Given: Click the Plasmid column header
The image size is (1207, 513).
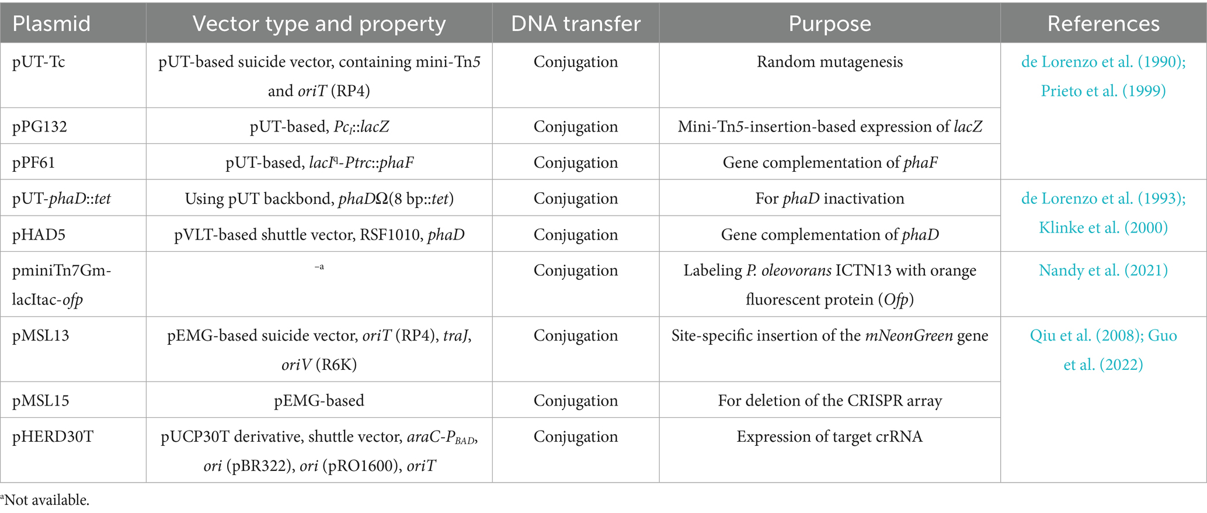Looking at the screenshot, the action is pyautogui.click(x=51, y=23).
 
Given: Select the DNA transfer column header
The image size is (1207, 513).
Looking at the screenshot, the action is pyautogui.click(x=575, y=23).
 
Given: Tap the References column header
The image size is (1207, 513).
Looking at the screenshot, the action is pyautogui.click(x=1103, y=23).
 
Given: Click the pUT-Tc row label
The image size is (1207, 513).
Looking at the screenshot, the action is pyautogui.click(x=39, y=62).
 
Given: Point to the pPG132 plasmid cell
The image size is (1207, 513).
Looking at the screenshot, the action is pyautogui.click(x=40, y=127).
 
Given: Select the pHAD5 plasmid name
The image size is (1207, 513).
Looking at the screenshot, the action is pyautogui.click(x=39, y=235).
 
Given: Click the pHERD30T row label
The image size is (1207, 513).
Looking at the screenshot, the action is pyautogui.click(x=53, y=437).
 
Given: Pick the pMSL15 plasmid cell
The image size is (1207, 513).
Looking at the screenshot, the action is pyautogui.click(x=41, y=401).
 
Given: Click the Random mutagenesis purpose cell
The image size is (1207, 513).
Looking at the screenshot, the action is pyautogui.click(x=829, y=62).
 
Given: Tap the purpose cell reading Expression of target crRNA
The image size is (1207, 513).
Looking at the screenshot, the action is pyautogui.click(x=829, y=437).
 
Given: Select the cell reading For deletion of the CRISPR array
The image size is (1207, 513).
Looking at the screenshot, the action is pyautogui.click(x=829, y=401).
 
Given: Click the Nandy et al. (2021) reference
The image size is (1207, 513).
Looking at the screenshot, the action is pyautogui.click(x=1103, y=271).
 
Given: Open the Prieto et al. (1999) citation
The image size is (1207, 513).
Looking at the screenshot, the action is pyautogui.click(x=1103, y=91).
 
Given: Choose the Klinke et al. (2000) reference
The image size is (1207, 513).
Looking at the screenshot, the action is pyautogui.click(x=1103, y=228).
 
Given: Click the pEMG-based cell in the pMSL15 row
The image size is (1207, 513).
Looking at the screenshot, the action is pyautogui.click(x=319, y=401).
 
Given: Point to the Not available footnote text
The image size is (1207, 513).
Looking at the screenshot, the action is pyautogui.click(x=47, y=500).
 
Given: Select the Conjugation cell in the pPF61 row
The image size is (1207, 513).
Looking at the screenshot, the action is pyautogui.click(x=575, y=162).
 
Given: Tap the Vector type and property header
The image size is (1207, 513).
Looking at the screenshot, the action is pyautogui.click(x=319, y=23).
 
